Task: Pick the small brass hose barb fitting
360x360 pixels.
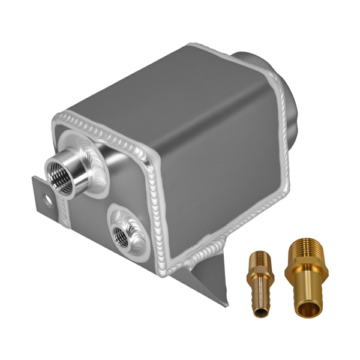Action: [259, 282]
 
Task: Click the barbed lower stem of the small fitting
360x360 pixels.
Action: [259, 300]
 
